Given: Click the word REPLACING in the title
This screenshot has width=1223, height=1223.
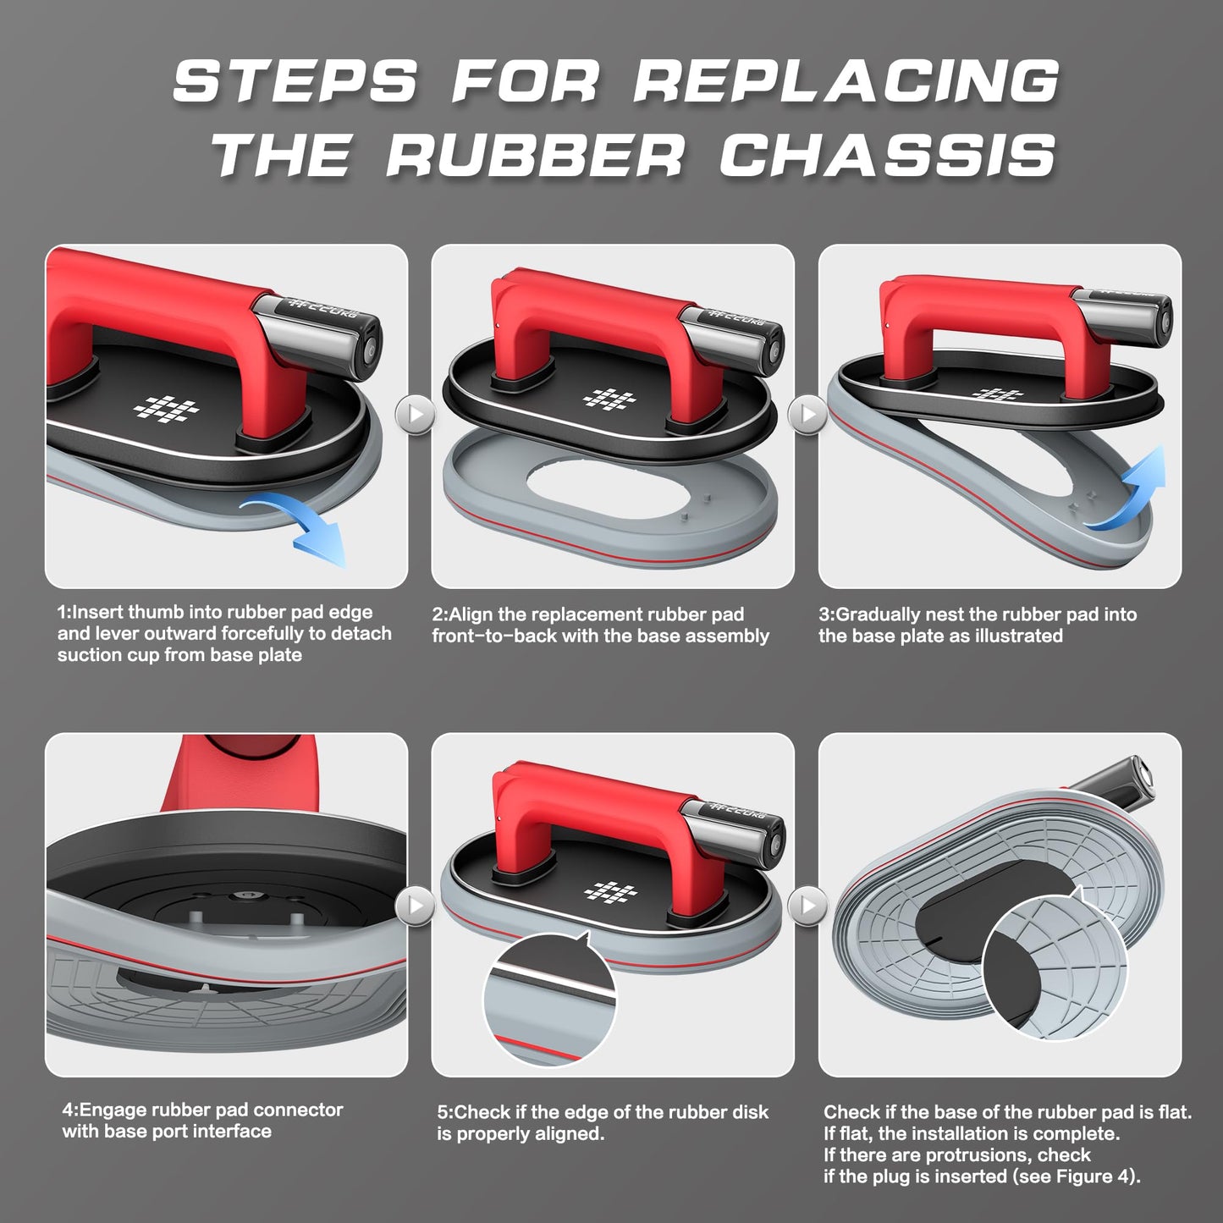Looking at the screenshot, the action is (x=847, y=80).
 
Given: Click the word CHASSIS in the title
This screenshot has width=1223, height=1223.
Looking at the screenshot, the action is (x=888, y=156).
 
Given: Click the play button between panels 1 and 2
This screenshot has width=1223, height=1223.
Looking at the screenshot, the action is (x=416, y=415).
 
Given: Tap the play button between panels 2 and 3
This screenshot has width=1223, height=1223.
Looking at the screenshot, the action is (x=807, y=415).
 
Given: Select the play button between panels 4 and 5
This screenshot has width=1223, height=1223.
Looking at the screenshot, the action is (x=416, y=905).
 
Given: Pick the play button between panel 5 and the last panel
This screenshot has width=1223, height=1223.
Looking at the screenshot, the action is (x=807, y=905).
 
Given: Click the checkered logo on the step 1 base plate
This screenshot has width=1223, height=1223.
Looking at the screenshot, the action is (x=166, y=409).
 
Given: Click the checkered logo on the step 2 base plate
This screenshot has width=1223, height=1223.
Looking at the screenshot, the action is (x=610, y=399).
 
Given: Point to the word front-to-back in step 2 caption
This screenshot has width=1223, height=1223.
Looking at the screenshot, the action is (x=494, y=636).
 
